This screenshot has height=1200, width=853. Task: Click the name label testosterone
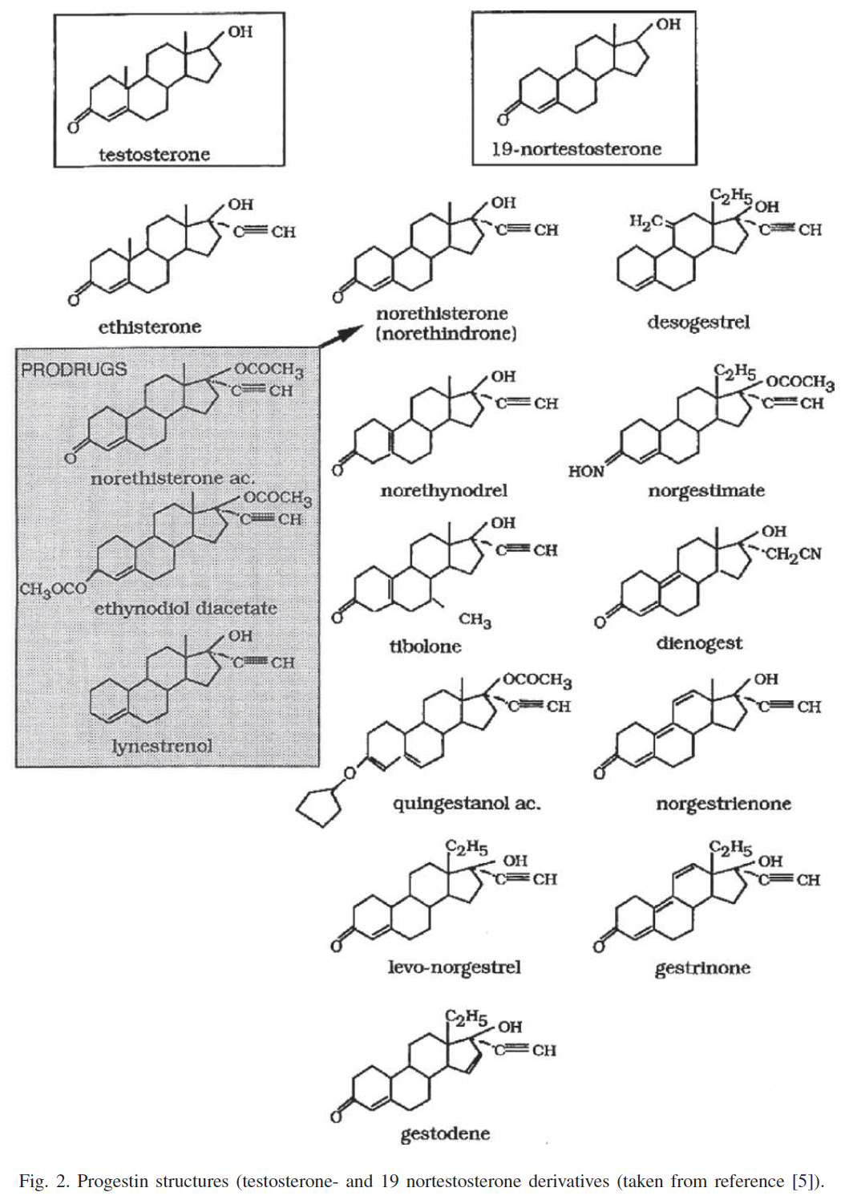click(x=154, y=154)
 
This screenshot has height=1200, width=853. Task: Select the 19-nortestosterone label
click(x=576, y=148)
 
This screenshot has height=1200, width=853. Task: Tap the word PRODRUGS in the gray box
click(x=74, y=370)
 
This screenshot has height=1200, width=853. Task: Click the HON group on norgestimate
click(x=586, y=472)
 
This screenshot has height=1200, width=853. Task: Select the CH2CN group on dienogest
click(x=793, y=554)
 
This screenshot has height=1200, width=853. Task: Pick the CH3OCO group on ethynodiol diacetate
click(x=53, y=590)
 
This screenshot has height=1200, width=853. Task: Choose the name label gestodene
click(x=445, y=1134)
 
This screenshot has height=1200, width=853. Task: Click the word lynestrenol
click(x=162, y=746)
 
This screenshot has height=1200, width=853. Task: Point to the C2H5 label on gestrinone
click(x=730, y=848)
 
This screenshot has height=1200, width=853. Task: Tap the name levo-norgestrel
click(x=454, y=967)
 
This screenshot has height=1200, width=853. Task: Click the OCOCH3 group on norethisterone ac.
click(x=269, y=370)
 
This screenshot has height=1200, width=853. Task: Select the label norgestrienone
click(x=723, y=804)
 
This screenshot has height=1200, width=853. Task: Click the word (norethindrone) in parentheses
click(x=446, y=334)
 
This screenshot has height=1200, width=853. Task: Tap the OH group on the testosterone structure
click(x=240, y=31)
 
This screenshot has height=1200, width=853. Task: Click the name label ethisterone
click(x=150, y=326)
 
